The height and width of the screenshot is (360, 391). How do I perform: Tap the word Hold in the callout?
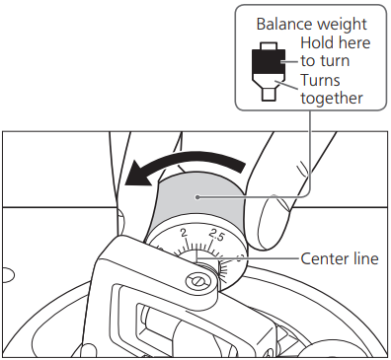[x=315, y=42]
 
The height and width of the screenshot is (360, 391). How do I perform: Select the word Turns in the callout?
[x=320, y=80]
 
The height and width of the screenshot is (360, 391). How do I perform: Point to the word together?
[x=332, y=99]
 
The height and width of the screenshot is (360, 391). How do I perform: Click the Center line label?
[x=340, y=258]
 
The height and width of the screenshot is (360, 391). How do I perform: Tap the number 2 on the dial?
[x=184, y=233]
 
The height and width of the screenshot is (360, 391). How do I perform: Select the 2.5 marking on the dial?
[x=217, y=235]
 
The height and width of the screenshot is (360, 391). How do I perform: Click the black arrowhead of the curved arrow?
[x=139, y=175]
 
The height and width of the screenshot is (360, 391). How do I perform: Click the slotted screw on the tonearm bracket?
[x=197, y=281]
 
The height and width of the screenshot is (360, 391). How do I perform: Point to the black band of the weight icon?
[x=269, y=61]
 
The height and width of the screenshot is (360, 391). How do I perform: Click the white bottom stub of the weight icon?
[x=269, y=94]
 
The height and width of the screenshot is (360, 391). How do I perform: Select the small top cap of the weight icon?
[x=269, y=46]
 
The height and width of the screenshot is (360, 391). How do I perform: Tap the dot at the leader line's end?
[x=196, y=197]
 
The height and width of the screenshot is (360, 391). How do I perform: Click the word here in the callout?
[x=352, y=42]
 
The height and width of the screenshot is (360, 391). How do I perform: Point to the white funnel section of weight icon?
[x=269, y=81]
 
